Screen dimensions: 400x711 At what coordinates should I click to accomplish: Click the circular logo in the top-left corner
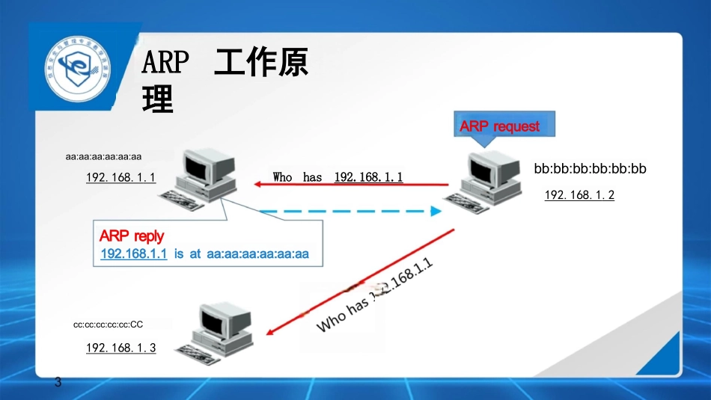tap(76, 69)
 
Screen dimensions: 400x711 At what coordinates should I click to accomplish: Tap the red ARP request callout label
tap(499, 126)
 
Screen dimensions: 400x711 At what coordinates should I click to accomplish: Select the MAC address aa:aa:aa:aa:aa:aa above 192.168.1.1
tap(103, 157)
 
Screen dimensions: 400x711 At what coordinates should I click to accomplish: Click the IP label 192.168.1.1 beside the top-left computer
tap(120, 178)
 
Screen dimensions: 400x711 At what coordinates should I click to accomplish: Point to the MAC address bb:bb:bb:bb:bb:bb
tap(590, 169)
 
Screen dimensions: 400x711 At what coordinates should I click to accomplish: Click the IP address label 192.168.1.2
tap(579, 195)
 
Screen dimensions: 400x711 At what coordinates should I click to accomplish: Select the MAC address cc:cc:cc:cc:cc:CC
tap(108, 324)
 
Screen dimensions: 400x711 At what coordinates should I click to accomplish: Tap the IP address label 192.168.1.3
tap(121, 348)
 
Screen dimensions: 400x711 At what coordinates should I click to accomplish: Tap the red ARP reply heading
tap(132, 236)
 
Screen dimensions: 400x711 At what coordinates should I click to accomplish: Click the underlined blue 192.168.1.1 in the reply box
tap(134, 254)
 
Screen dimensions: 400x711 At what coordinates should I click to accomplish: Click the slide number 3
tap(58, 383)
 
